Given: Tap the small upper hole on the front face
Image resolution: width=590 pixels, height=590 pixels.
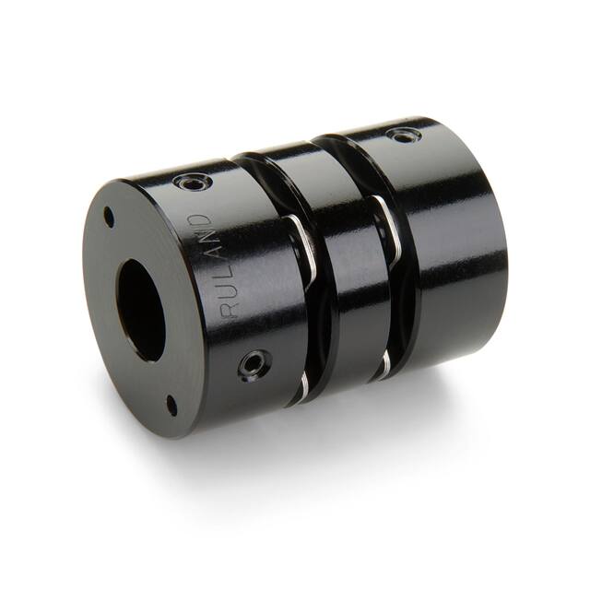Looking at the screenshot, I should click(x=109, y=218).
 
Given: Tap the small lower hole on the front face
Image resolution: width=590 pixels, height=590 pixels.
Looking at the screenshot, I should click(x=171, y=403).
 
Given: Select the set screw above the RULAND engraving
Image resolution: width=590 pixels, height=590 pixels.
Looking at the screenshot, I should click(x=193, y=182).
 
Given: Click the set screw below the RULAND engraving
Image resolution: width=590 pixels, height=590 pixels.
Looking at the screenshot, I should click(x=250, y=365).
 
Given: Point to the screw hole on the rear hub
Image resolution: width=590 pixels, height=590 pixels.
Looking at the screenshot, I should click(x=403, y=136).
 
